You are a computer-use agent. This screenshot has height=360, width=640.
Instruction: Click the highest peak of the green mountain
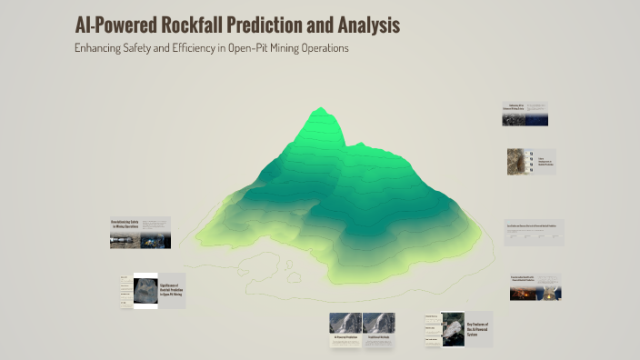coord(320,110)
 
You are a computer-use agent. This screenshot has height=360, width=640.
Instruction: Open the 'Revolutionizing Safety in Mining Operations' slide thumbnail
coord(140,233)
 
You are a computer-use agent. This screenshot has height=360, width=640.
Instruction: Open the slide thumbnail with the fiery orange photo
coord(535,287)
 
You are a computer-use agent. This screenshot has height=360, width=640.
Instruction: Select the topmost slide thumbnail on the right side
coord(525,114)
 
